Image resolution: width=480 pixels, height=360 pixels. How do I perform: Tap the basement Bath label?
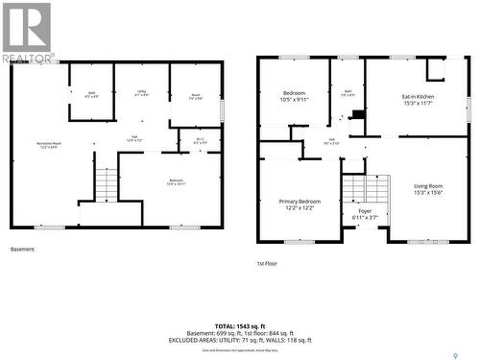coord(91,94)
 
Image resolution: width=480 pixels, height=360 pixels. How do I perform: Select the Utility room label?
coord(141,93)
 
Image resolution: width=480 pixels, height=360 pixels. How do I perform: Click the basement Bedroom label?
coord(176,182)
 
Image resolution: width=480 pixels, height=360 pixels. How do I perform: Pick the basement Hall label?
coord(134,139)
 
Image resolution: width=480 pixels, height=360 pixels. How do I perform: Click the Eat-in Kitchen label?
coord(418,99)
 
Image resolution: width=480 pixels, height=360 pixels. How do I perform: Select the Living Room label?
coord(428,189)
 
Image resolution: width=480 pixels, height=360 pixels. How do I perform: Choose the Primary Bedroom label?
coord(299,204)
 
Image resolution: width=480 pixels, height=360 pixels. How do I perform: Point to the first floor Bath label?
coord(348,93)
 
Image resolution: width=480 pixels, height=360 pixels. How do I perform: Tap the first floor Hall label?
coord(331,141)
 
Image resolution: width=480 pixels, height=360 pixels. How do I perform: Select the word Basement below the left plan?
coord(22,250)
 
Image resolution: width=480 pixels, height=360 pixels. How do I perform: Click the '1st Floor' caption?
coord(267,262)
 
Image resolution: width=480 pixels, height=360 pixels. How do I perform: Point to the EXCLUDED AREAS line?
coord(240,340)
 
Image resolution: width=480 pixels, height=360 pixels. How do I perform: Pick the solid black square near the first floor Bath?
coord(359,114)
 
